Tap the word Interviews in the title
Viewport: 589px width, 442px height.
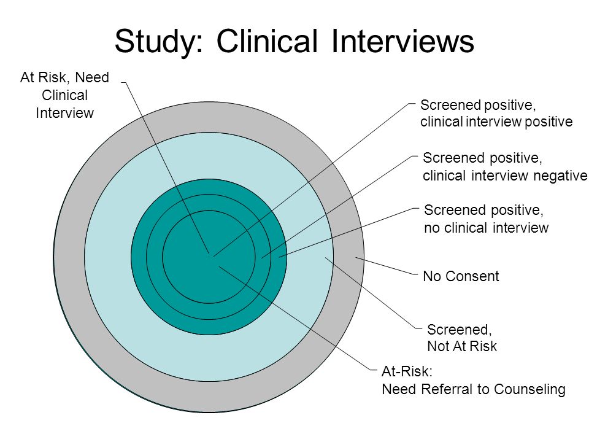pyautogui.click(x=402, y=41)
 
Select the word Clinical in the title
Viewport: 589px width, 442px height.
pyautogui.click(x=267, y=41)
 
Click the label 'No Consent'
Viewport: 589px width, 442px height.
pyautogui.click(x=461, y=276)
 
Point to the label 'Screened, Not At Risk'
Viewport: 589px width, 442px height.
pyautogui.click(x=462, y=338)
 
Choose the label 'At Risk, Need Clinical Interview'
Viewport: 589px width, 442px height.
pyautogui.click(x=64, y=95)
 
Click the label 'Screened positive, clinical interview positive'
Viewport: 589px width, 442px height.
pyautogui.click(x=496, y=113)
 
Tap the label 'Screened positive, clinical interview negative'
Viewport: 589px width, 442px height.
pyautogui.click(x=505, y=166)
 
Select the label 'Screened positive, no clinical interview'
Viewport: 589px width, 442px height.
pyautogui.click(x=486, y=219)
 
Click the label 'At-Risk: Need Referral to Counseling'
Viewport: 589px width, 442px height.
pyautogui.click(x=473, y=381)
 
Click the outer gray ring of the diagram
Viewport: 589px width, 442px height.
pyautogui.click(x=69, y=257)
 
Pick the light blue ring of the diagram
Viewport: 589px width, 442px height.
pyautogui.click(x=107, y=257)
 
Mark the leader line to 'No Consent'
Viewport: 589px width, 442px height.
pyautogui.click(x=387, y=266)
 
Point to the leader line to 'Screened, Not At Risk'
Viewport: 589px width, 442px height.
pyautogui.click(x=372, y=293)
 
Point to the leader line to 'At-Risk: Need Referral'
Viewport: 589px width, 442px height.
pyautogui.click(x=298, y=318)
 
